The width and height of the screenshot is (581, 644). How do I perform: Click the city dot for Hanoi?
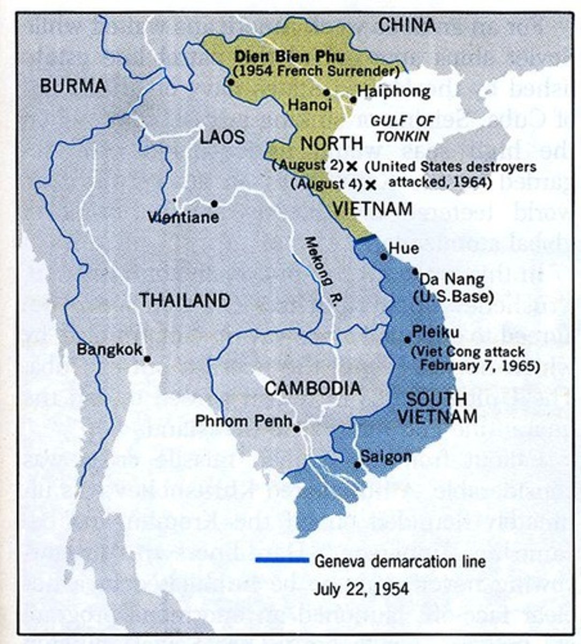326,92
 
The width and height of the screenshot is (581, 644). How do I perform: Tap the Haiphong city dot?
353,99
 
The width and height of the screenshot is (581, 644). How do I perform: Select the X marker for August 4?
370,185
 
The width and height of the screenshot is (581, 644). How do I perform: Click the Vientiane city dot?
214,204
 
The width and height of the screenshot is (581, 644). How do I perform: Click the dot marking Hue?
384,257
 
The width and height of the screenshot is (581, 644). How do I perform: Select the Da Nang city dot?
415,272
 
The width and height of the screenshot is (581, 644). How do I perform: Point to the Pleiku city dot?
407,340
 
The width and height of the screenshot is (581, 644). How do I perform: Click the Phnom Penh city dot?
296,429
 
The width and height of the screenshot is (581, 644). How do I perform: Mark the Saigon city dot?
357,464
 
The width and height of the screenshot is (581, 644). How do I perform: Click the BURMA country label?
73,85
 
